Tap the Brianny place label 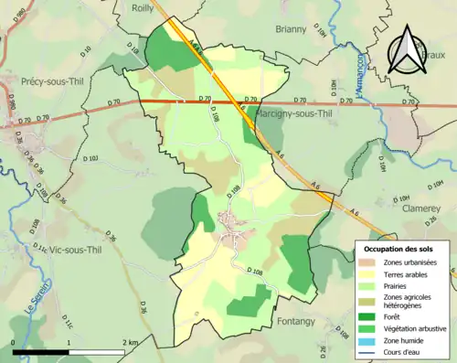pyautogui.click(x=292, y=29)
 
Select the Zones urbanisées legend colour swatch pyautogui.click(x=369, y=263)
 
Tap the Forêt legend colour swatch pyautogui.click(x=369, y=316)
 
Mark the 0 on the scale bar pyautogui.click(x=14, y=342)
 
